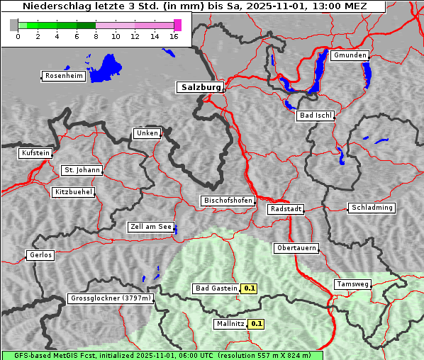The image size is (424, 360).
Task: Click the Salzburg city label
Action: (199, 87)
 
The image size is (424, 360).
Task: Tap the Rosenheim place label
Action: (63, 76)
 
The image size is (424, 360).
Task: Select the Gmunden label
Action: (350, 55)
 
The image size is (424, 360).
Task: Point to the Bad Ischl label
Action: (315, 116)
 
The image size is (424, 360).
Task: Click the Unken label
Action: (147, 133)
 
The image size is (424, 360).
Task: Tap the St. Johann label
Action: (82, 170)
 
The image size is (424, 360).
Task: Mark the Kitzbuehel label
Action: (74, 192)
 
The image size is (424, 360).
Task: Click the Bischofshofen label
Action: (228, 201)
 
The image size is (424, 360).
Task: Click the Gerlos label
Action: (40, 255)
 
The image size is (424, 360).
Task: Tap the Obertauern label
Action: (296, 248)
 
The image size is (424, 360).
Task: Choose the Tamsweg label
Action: (352, 284)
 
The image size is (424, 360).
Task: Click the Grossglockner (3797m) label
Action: (111, 298)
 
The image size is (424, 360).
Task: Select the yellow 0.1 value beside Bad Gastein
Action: (249, 288)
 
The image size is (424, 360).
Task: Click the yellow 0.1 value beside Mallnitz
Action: (257, 324)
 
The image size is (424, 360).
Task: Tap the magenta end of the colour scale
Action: (177, 25)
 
